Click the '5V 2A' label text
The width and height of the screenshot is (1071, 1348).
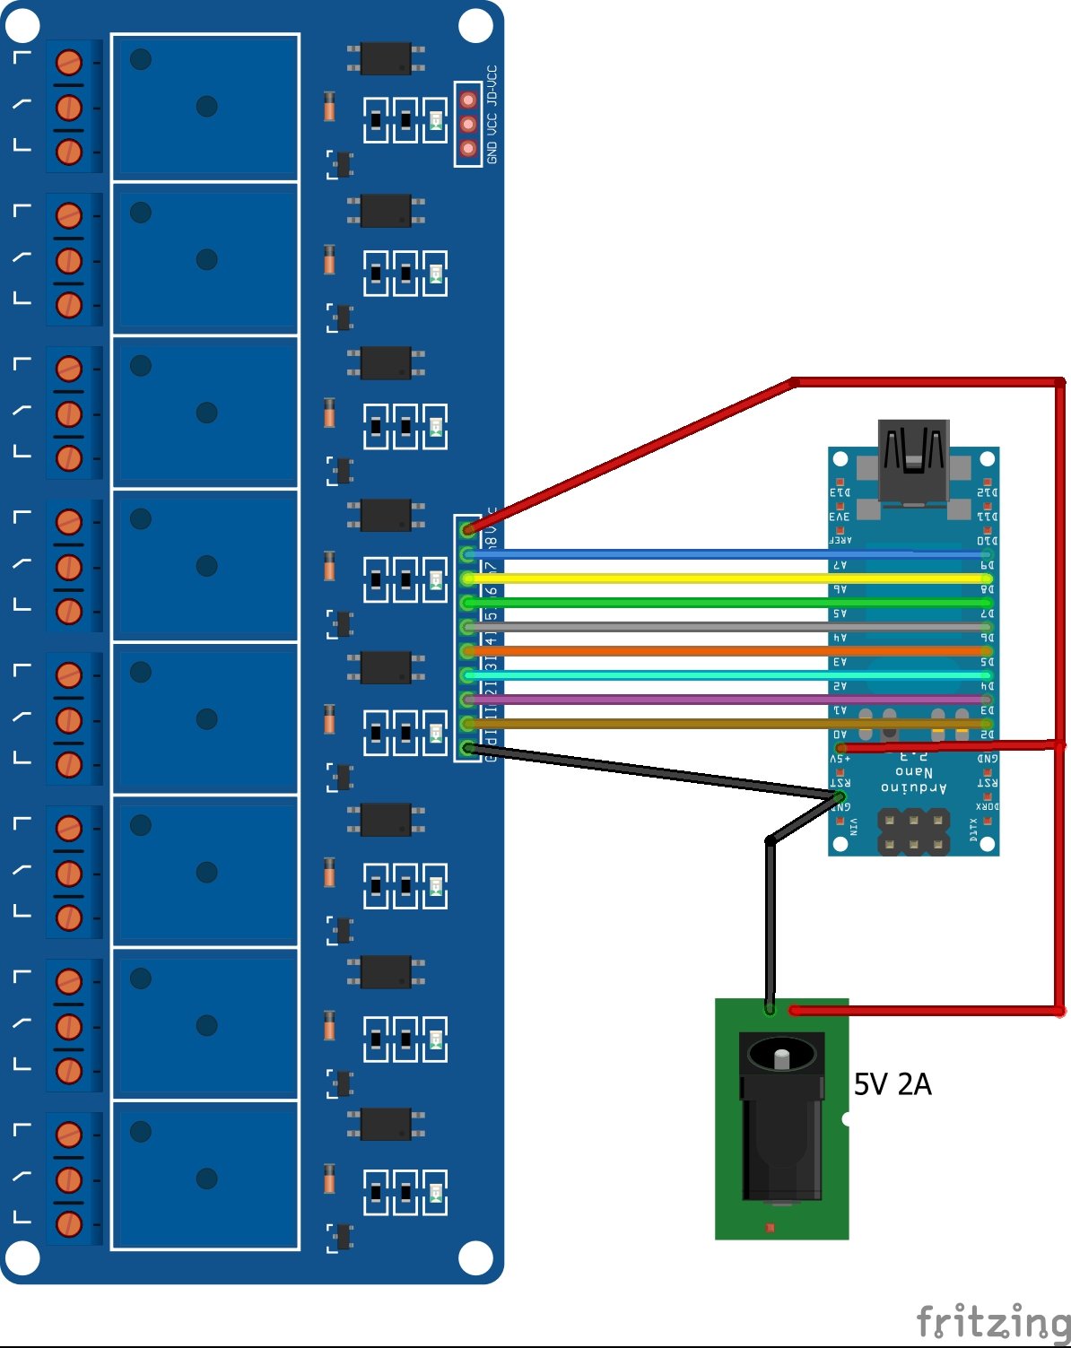892,1084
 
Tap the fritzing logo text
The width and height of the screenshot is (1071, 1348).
993,1322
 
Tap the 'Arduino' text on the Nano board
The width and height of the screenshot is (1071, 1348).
913,788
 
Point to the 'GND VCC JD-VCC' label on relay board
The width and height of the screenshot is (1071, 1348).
492,115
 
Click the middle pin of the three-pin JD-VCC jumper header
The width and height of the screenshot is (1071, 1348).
468,124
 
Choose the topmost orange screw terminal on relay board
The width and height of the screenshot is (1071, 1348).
69,63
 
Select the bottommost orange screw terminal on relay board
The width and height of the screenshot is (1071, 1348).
69,1222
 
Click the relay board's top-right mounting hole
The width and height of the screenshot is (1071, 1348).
475,26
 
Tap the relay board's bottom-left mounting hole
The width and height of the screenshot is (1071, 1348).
22,1257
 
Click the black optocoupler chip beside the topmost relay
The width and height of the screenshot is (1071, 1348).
386,58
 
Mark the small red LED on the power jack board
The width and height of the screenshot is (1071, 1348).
769,1227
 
